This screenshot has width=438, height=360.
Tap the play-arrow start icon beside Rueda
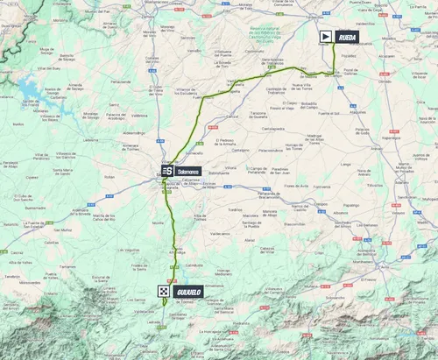[x=326, y=36]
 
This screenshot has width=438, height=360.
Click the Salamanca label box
[x=188, y=172]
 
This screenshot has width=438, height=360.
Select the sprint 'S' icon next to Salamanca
[x=166, y=172]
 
